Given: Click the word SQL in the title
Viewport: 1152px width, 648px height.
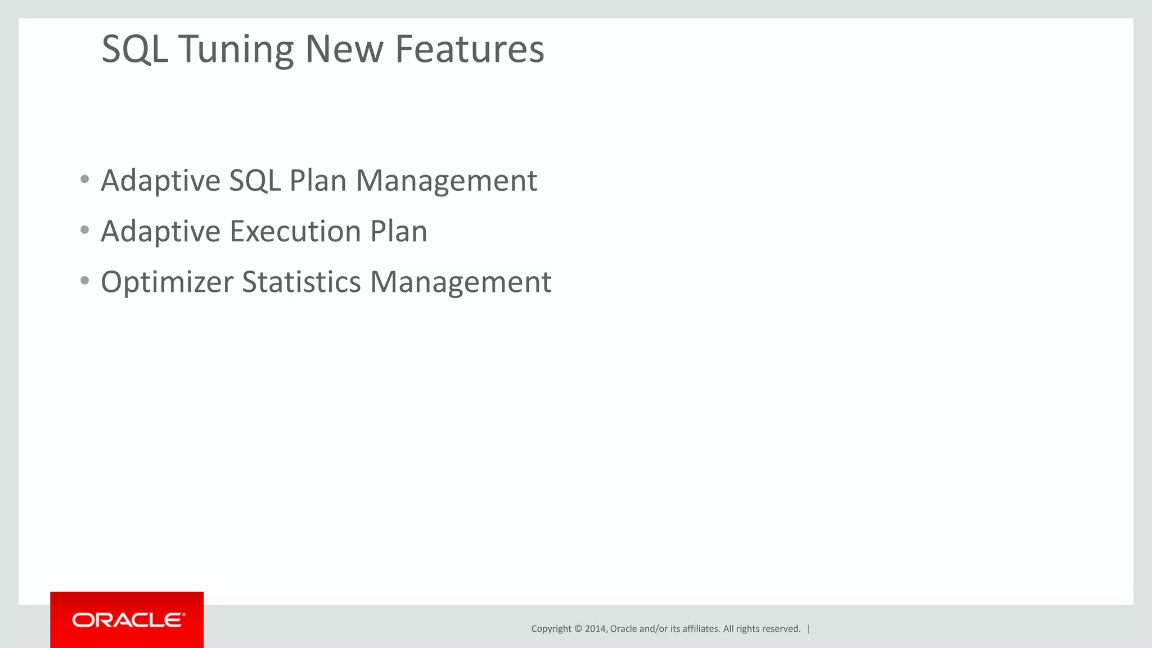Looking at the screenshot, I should coord(134,49).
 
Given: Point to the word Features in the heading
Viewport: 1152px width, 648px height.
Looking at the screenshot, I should coord(470,49).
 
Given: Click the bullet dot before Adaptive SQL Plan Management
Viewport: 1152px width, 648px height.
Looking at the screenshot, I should coord(85,179).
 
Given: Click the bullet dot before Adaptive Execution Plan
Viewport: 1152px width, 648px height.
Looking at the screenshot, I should coord(85,230).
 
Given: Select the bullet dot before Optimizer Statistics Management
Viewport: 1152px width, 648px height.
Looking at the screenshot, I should coord(85,281).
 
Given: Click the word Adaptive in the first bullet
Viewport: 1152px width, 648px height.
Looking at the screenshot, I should coord(160,182).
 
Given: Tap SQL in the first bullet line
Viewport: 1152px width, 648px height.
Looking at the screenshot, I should coord(254,182).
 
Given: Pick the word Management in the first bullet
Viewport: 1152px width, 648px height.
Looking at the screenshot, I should coord(447,182).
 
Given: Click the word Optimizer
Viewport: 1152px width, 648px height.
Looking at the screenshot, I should coord(166,282).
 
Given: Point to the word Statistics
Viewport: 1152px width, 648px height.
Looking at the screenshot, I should coord(301,282).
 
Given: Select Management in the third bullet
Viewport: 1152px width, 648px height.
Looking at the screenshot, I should coord(461,282).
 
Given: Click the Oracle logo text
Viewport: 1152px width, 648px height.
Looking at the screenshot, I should coord(129,620).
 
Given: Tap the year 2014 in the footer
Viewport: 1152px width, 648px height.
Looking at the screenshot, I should coord(595,629).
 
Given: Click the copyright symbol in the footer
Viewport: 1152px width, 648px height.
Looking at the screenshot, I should coord(578,629).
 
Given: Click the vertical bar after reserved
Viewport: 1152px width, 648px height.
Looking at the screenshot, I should coord(808,629).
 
